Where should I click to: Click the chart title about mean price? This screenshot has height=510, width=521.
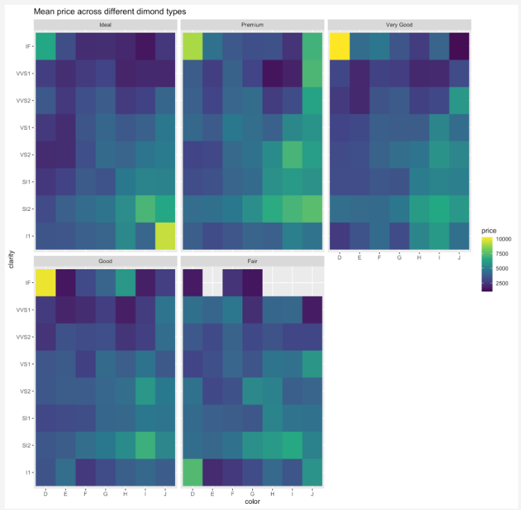110,12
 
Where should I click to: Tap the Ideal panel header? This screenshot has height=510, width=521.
106,25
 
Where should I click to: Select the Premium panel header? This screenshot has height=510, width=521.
252,25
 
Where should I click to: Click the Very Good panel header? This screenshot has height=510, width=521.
399,25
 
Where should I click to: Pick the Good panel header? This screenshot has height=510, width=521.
106,262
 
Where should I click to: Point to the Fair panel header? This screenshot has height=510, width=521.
252,262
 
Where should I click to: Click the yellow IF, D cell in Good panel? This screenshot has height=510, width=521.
44,282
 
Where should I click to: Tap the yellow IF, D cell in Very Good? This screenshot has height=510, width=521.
339,46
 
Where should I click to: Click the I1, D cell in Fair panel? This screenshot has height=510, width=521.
192,473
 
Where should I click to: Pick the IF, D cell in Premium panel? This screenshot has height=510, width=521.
192,46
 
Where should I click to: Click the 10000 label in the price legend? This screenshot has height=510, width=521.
503,238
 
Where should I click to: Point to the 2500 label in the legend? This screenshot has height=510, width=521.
502,283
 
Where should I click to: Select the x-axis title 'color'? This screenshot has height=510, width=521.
252,501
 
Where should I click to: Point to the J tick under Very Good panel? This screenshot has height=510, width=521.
460,257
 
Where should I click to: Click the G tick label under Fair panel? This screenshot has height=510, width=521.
252,493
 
